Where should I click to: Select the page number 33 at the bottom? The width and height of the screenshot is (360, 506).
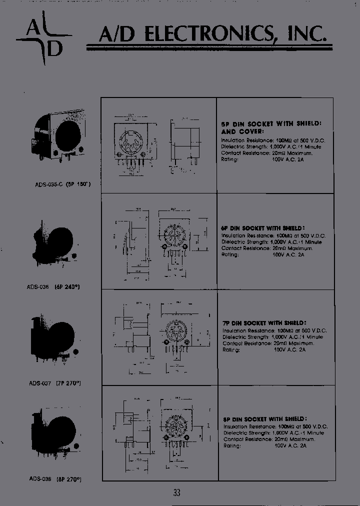[x=176, y=492]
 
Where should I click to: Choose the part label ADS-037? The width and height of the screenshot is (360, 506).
[x=40, y=384]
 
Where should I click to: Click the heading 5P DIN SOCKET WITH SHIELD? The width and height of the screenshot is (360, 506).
[x=270, y=123]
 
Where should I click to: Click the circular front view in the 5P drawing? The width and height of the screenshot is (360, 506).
[x=131, y=144]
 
